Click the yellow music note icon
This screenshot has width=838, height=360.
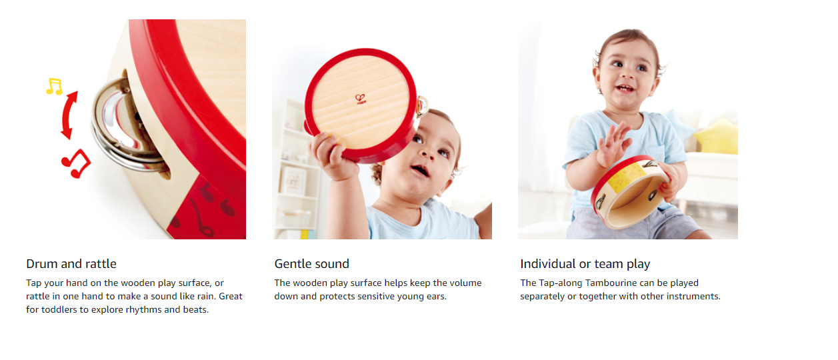point(54,87)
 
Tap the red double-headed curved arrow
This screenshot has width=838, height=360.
point(69,115)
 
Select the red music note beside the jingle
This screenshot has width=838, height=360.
point(76,163)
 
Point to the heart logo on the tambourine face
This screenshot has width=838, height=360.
point(360,99)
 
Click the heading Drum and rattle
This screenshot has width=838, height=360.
point(71,264)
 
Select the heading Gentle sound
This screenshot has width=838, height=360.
point(311,264)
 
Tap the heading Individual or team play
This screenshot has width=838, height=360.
point(585,264)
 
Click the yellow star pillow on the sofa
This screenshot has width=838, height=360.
point(716,137)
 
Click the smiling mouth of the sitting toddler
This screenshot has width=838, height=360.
point(625,89)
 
